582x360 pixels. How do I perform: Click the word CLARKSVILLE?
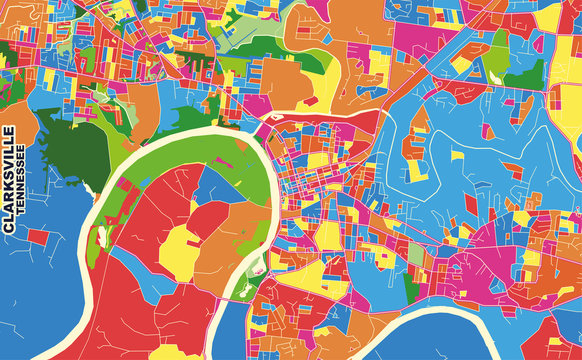click(x=9, y=180)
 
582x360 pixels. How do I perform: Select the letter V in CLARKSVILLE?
click(x=9, y=163)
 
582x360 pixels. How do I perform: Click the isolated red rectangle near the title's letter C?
click(x=40, y=238)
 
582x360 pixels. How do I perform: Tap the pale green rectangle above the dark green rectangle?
click(x=415, y=254)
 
